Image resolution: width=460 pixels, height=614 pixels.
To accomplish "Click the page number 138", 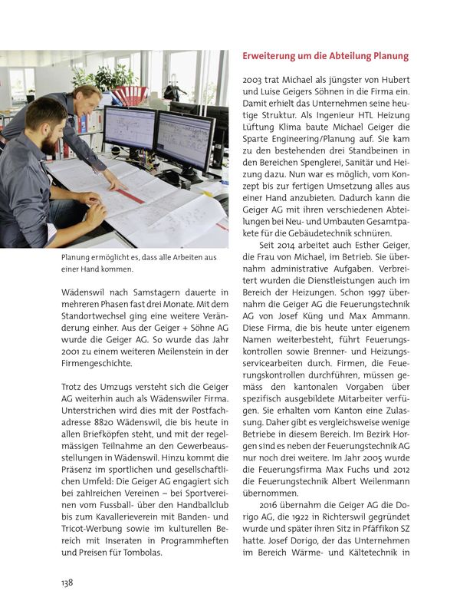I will coord(67,583).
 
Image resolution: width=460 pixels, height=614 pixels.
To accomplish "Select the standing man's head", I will coord(85,99).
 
